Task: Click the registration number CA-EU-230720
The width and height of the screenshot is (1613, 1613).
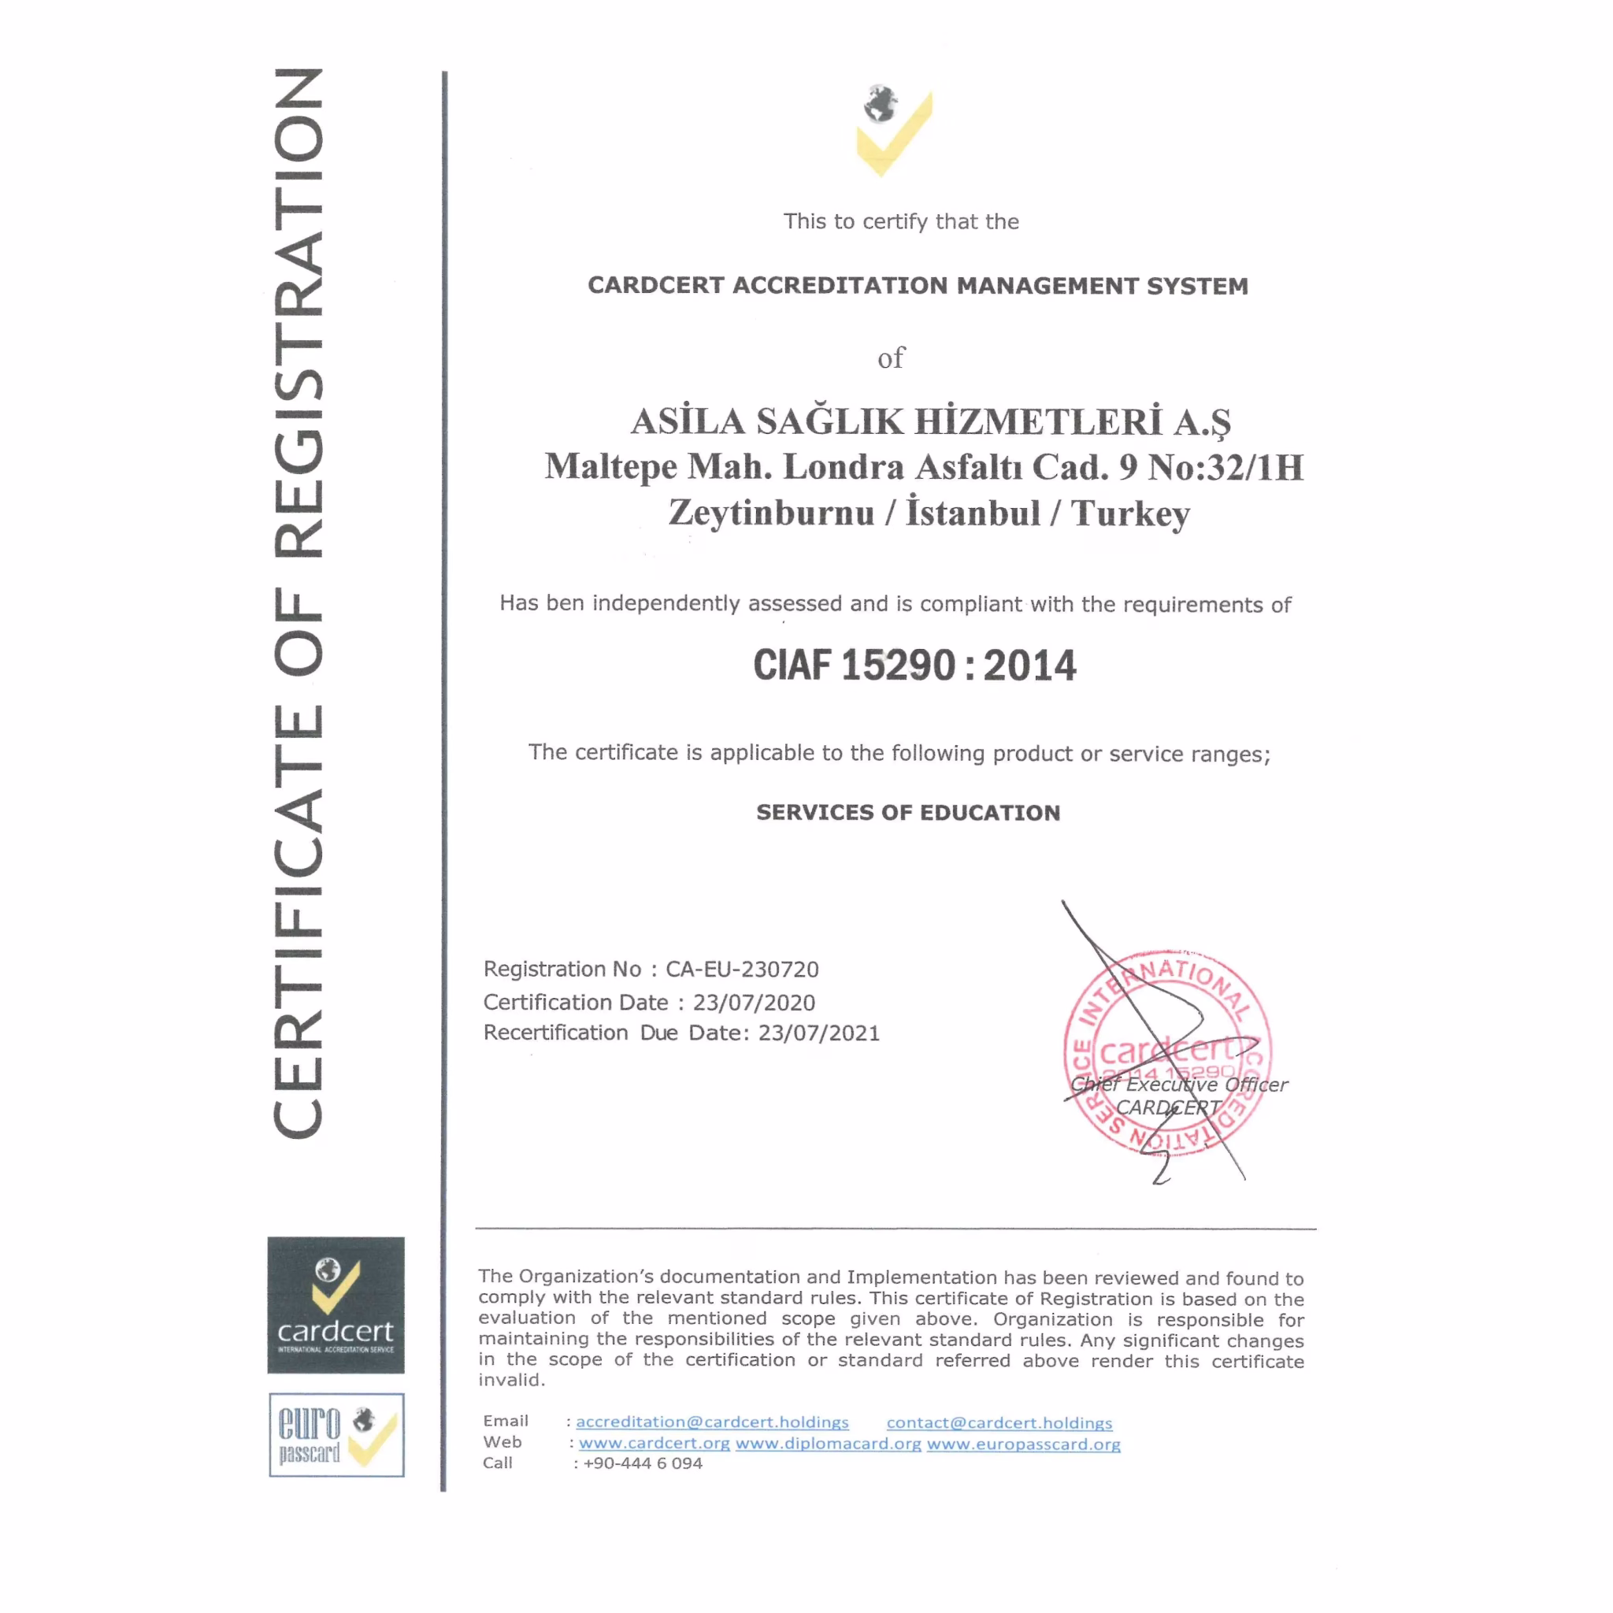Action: tap(741, 970)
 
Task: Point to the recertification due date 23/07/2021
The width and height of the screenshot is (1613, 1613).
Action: tap(818, 1033)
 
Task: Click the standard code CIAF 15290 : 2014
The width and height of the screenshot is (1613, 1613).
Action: tap(914, 666)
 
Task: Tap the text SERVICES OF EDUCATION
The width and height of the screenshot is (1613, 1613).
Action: tap(907, 813)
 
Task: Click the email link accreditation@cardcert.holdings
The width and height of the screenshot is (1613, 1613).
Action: tap(712, 1422)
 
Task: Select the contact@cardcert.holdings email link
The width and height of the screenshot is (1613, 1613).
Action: tap(999, 1422)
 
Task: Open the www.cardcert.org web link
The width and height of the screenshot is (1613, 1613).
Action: tap(654, 1444)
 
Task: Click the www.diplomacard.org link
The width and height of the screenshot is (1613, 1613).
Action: tap(829, 1444)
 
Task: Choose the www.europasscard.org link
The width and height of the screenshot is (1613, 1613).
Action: tap(1024, 1444)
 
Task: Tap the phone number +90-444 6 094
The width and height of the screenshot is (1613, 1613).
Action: tap(643, 1463)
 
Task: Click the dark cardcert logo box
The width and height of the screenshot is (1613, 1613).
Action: tap(336, 1305)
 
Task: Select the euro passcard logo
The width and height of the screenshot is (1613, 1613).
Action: tap(336, 1434)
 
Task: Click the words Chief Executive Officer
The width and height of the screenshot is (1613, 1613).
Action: tap(1179, 1085)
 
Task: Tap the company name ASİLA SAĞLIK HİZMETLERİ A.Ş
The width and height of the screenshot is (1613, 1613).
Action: tap(930, 421)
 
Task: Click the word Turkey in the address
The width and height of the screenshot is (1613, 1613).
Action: tap(1130, 514)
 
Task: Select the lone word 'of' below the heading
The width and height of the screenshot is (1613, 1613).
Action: tap(891, 358)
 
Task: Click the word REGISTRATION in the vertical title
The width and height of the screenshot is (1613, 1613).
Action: tap(298, 313)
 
